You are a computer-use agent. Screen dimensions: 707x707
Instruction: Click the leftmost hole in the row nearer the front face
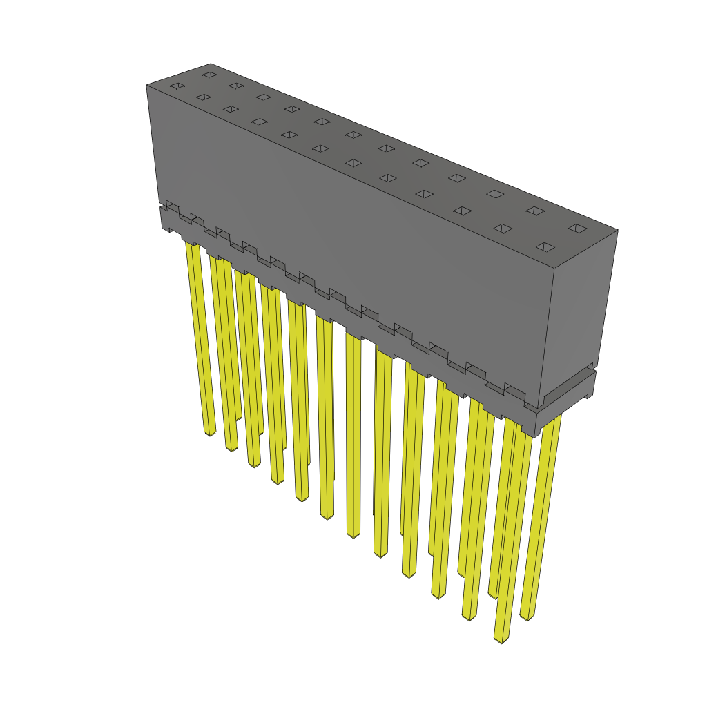tap(177, 86)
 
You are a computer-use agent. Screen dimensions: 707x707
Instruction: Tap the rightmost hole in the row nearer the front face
tap(545, 247)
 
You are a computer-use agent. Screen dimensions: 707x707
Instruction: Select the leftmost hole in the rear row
tap(209, 75)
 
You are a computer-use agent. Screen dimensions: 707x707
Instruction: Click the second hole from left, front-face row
tap(202, 97)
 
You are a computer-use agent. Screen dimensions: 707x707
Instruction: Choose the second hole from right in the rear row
tap(534, 210)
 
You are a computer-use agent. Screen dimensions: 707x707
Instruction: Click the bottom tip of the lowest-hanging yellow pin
tap(501, 641)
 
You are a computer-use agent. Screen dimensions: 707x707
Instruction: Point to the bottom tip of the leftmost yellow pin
tap(210, 433)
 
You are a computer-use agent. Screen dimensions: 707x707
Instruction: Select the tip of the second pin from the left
tap(231, 449)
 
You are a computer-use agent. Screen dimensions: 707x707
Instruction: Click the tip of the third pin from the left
tap(253, 464)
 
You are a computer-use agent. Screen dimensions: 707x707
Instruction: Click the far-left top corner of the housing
tap(146, 86)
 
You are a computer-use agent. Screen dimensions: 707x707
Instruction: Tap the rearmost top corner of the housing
tap(211, 64)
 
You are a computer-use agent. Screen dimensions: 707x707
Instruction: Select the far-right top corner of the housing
tap(617, 231)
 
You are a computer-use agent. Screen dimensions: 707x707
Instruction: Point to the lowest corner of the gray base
tap(534, 436)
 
